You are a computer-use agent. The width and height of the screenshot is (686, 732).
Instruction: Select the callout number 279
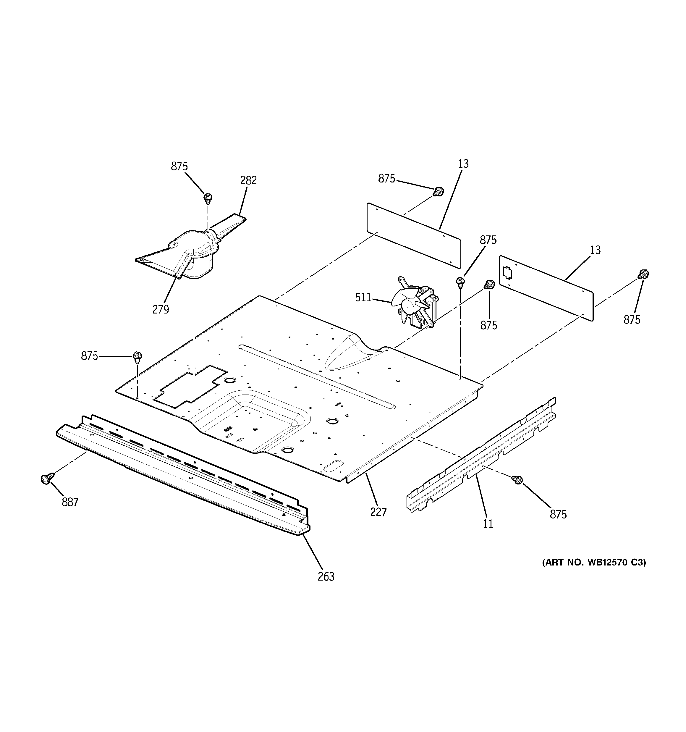[161, 309]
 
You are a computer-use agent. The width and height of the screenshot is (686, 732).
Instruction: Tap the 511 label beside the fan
[363, 297]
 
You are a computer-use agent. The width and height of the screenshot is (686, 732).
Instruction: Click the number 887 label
[70, 502]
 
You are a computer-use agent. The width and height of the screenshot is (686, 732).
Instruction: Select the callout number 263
[326, 576]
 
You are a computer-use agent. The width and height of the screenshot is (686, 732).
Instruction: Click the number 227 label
[378, 512]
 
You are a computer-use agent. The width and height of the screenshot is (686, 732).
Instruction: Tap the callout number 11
[488, 523]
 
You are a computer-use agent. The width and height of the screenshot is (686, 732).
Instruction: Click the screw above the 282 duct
[208, 198]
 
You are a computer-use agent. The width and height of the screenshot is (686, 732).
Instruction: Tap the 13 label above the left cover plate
[463, 164]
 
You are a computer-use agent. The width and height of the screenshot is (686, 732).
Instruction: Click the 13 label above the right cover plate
[595, 251]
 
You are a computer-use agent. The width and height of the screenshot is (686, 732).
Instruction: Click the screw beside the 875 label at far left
[137, 357]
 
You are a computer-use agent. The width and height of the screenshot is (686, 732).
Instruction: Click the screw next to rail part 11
[517, 479]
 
